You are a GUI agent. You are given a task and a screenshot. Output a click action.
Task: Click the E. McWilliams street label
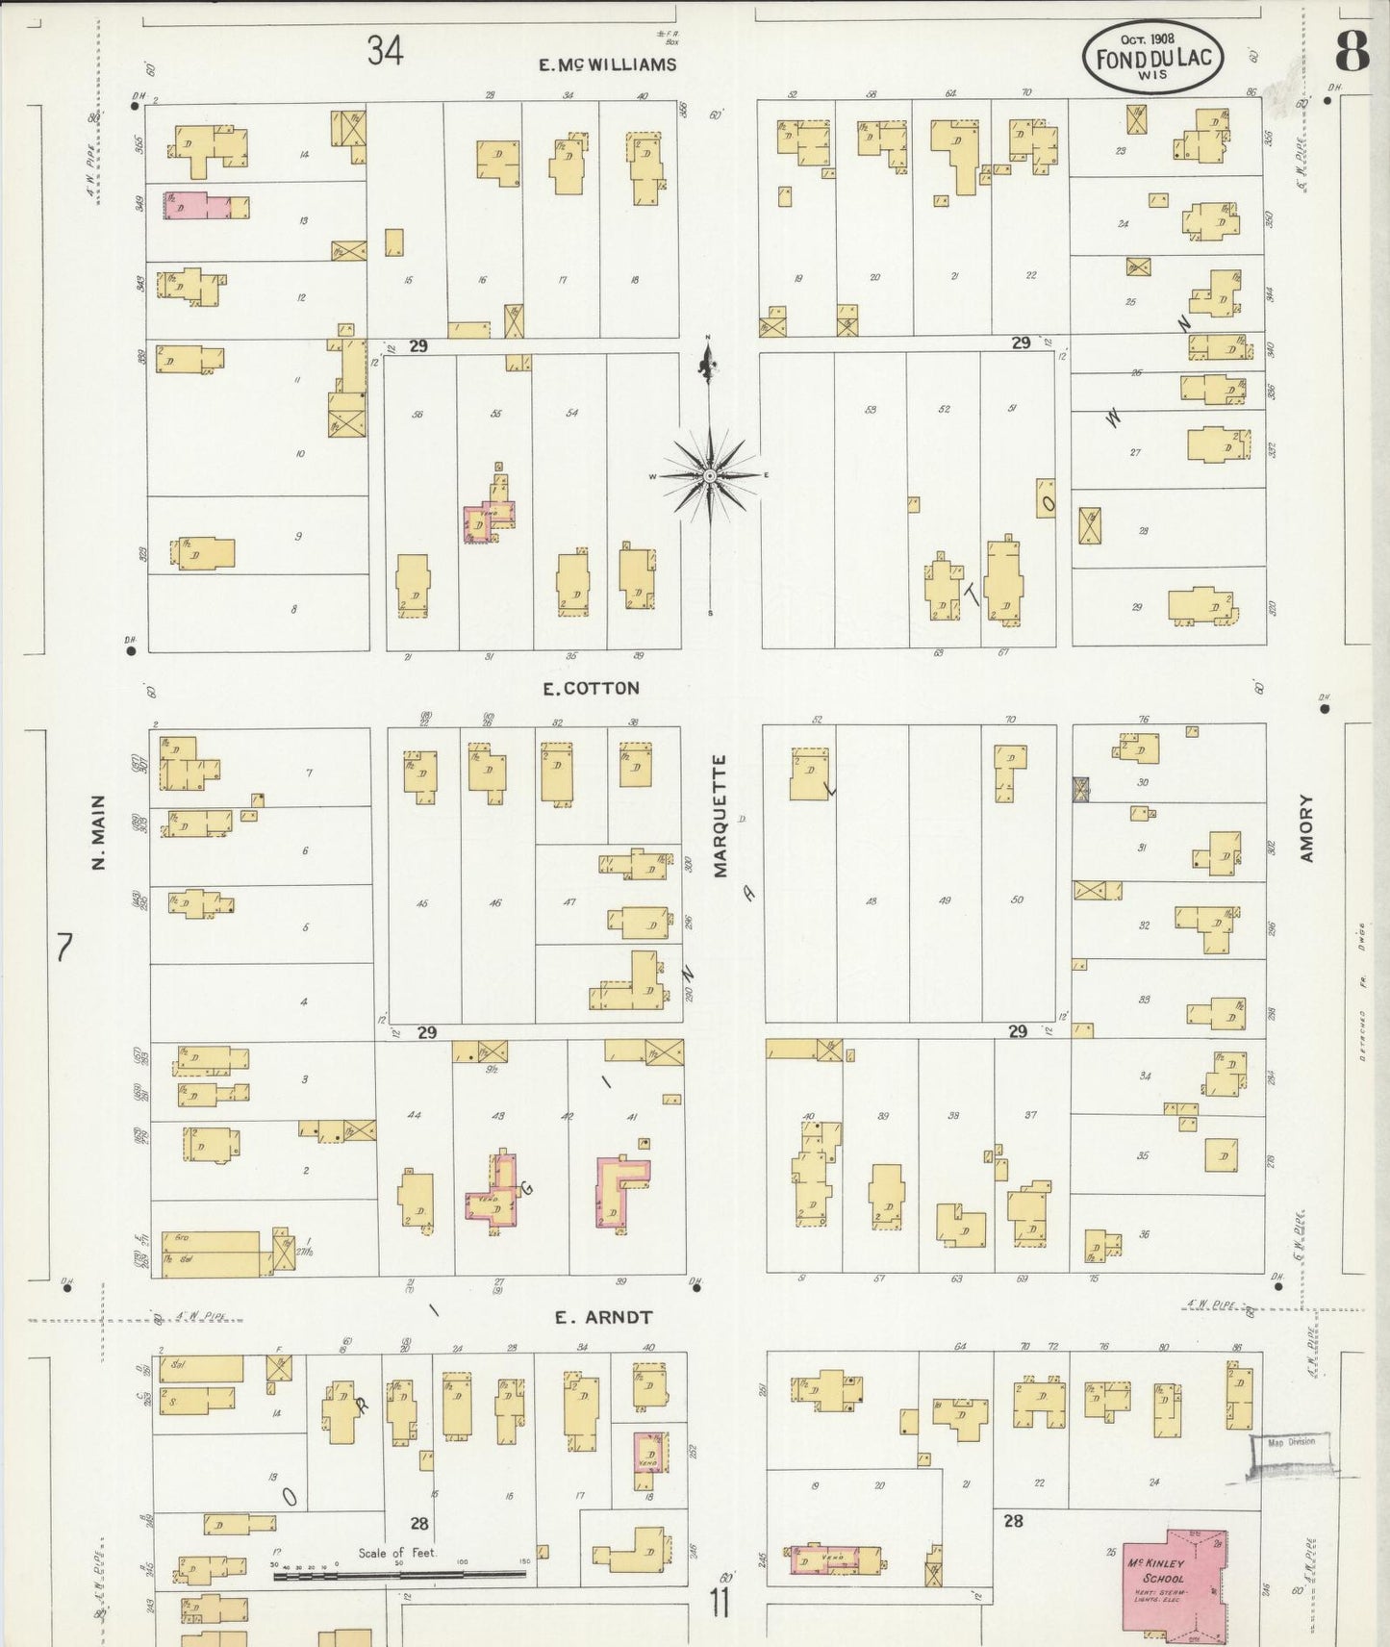(x=607, y=65)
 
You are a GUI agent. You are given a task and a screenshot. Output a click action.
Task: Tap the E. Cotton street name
(x=591, y=688)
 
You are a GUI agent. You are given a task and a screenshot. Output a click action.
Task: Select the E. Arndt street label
(x=603, y=1318)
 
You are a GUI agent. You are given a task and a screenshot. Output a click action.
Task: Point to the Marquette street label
(x=720, y=816)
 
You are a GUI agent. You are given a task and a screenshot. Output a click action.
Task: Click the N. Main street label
(x=97, y=833)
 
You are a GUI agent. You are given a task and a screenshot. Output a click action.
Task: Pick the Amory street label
(x=1305, y=827)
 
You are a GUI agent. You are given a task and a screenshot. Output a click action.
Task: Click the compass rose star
(x=709, y=476)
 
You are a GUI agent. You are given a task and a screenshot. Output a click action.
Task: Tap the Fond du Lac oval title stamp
(x=1152, y=58)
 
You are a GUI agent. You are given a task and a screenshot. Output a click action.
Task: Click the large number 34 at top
(x=385, y=51)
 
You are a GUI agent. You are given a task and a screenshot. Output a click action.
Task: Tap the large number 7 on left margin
(x=63, y=948)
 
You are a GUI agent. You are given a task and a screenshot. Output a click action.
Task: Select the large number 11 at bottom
(x=720, y=1604)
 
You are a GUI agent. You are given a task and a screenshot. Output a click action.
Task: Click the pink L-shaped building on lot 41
(x=619, y=1191)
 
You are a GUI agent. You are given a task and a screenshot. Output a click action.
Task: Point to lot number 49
(x=945, y=900)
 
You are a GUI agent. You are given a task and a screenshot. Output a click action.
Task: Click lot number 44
(x=414, y=1115)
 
